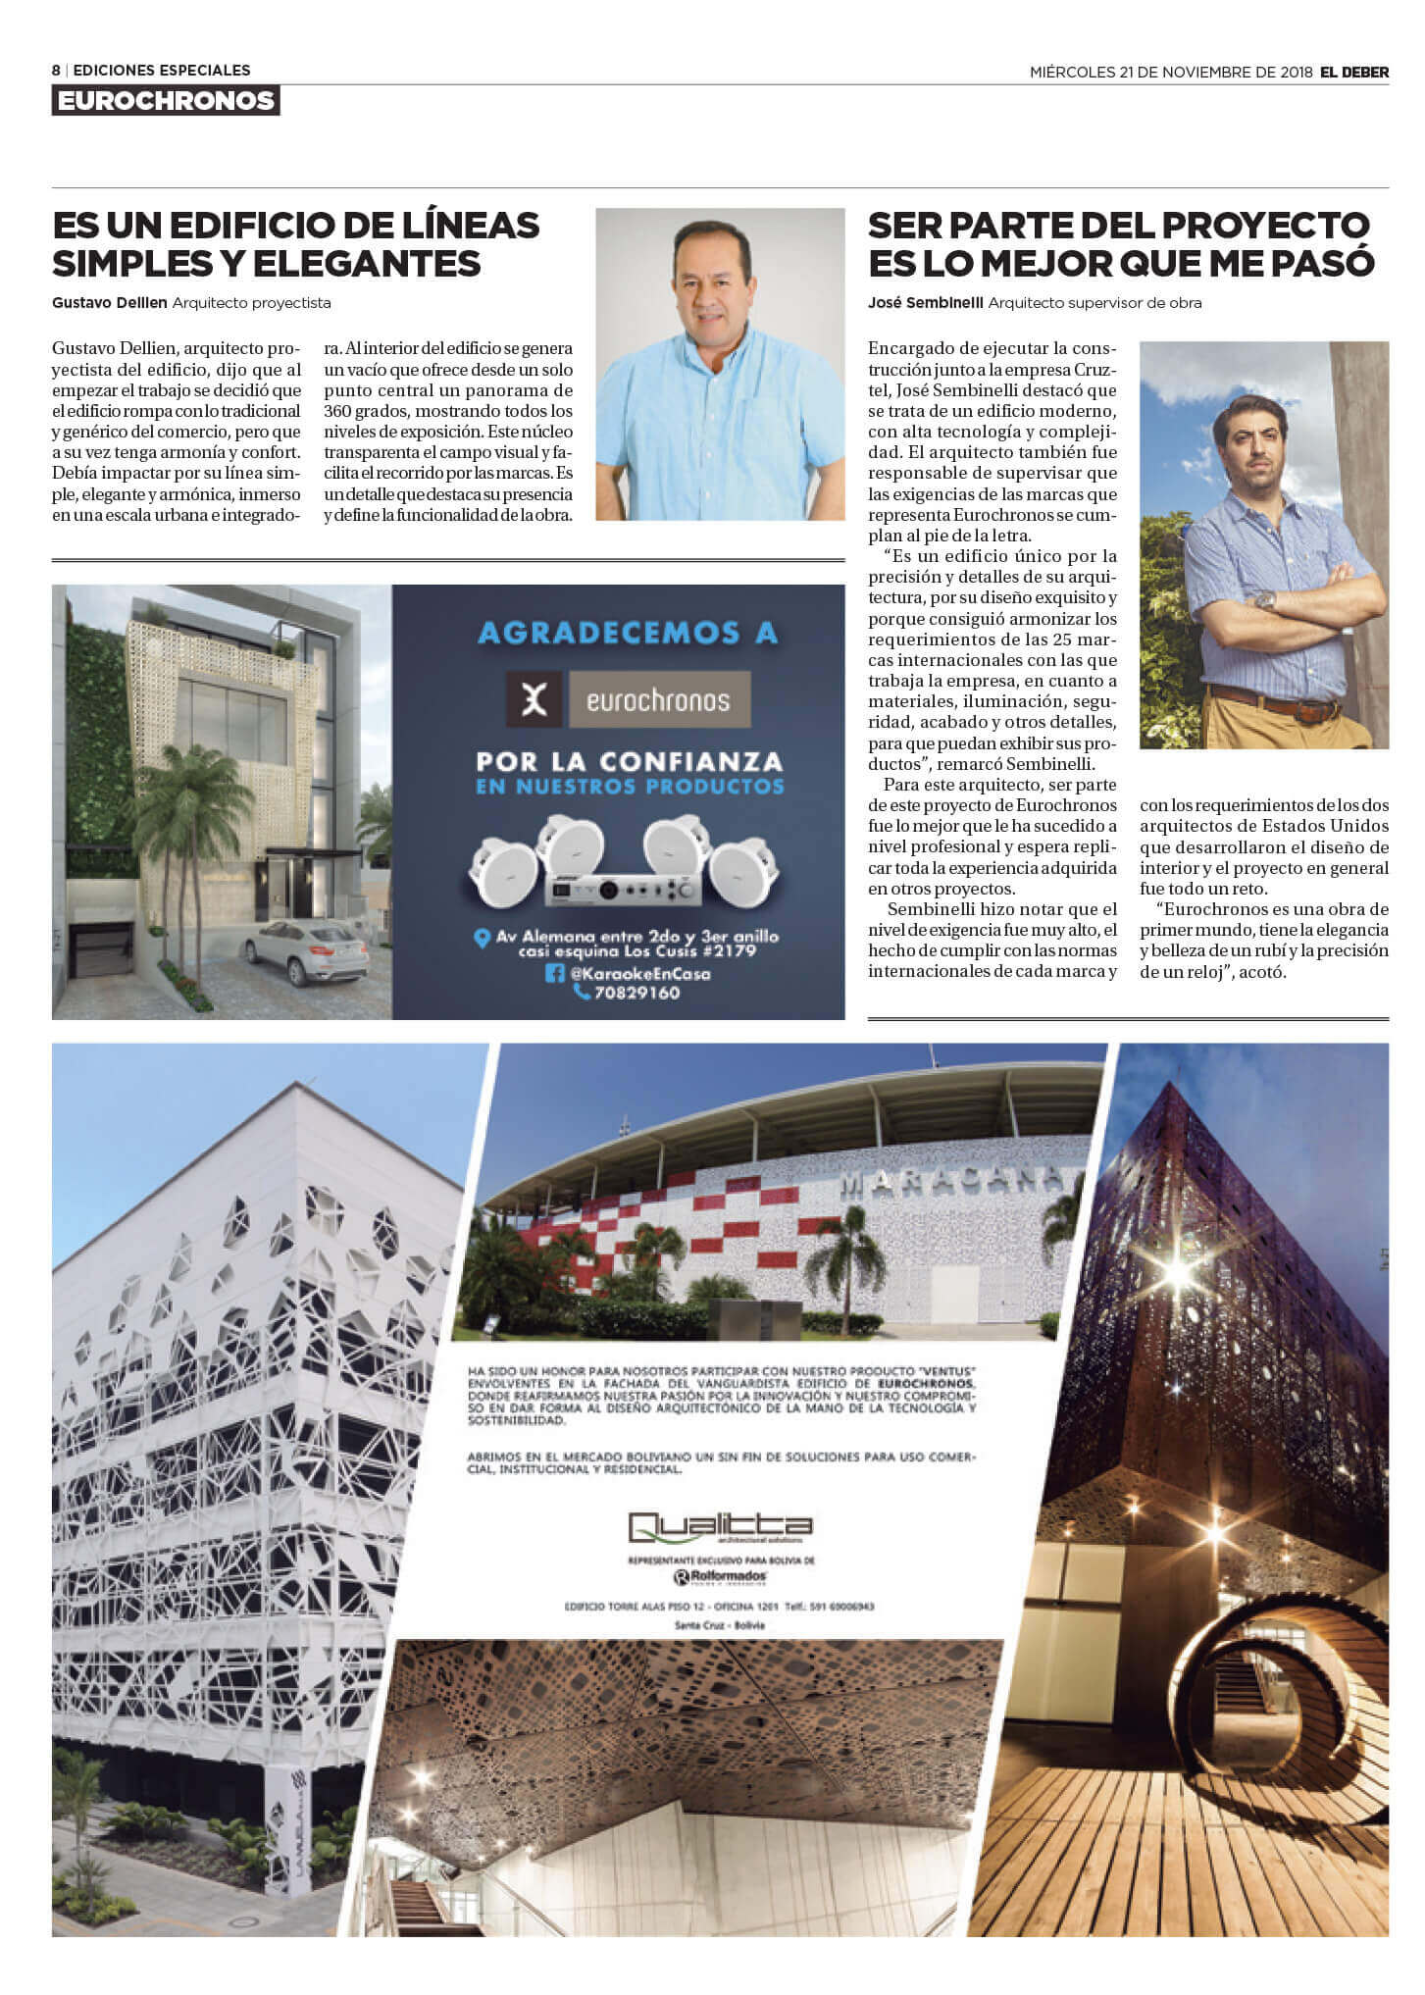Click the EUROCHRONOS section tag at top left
point(166,101)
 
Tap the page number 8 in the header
point(57,71)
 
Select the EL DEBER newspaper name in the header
point(1353,72)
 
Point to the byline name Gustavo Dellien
point(110,303)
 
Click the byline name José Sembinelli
point(925,303)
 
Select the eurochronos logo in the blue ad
point(629,699)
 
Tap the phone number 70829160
point(636,993)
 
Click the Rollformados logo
point(720,1576)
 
